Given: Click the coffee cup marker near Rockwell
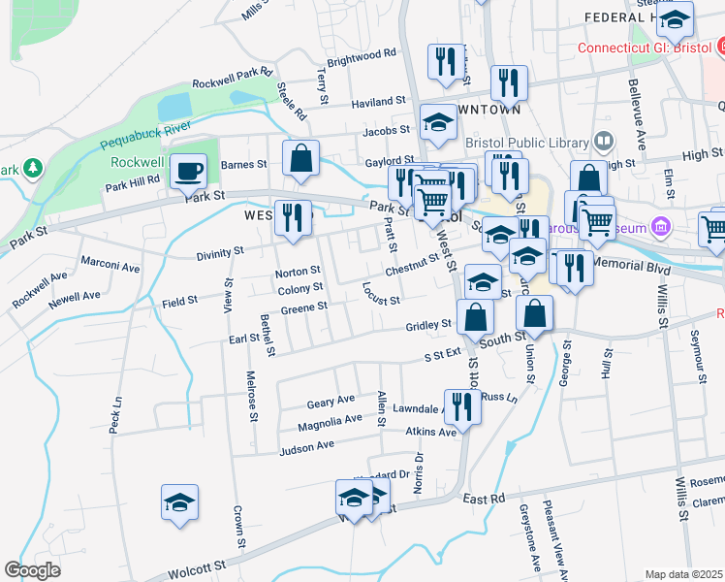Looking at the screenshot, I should coord(188,171).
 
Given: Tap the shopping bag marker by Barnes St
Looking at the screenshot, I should coord(300,158).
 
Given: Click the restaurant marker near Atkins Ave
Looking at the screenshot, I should coord(461,406).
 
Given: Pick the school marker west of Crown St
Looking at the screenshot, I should coord(180,502).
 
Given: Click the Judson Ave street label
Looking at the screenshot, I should coord(306,448).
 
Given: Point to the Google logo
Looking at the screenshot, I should coord(32,570).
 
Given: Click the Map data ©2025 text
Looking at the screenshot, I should coord(683,574).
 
